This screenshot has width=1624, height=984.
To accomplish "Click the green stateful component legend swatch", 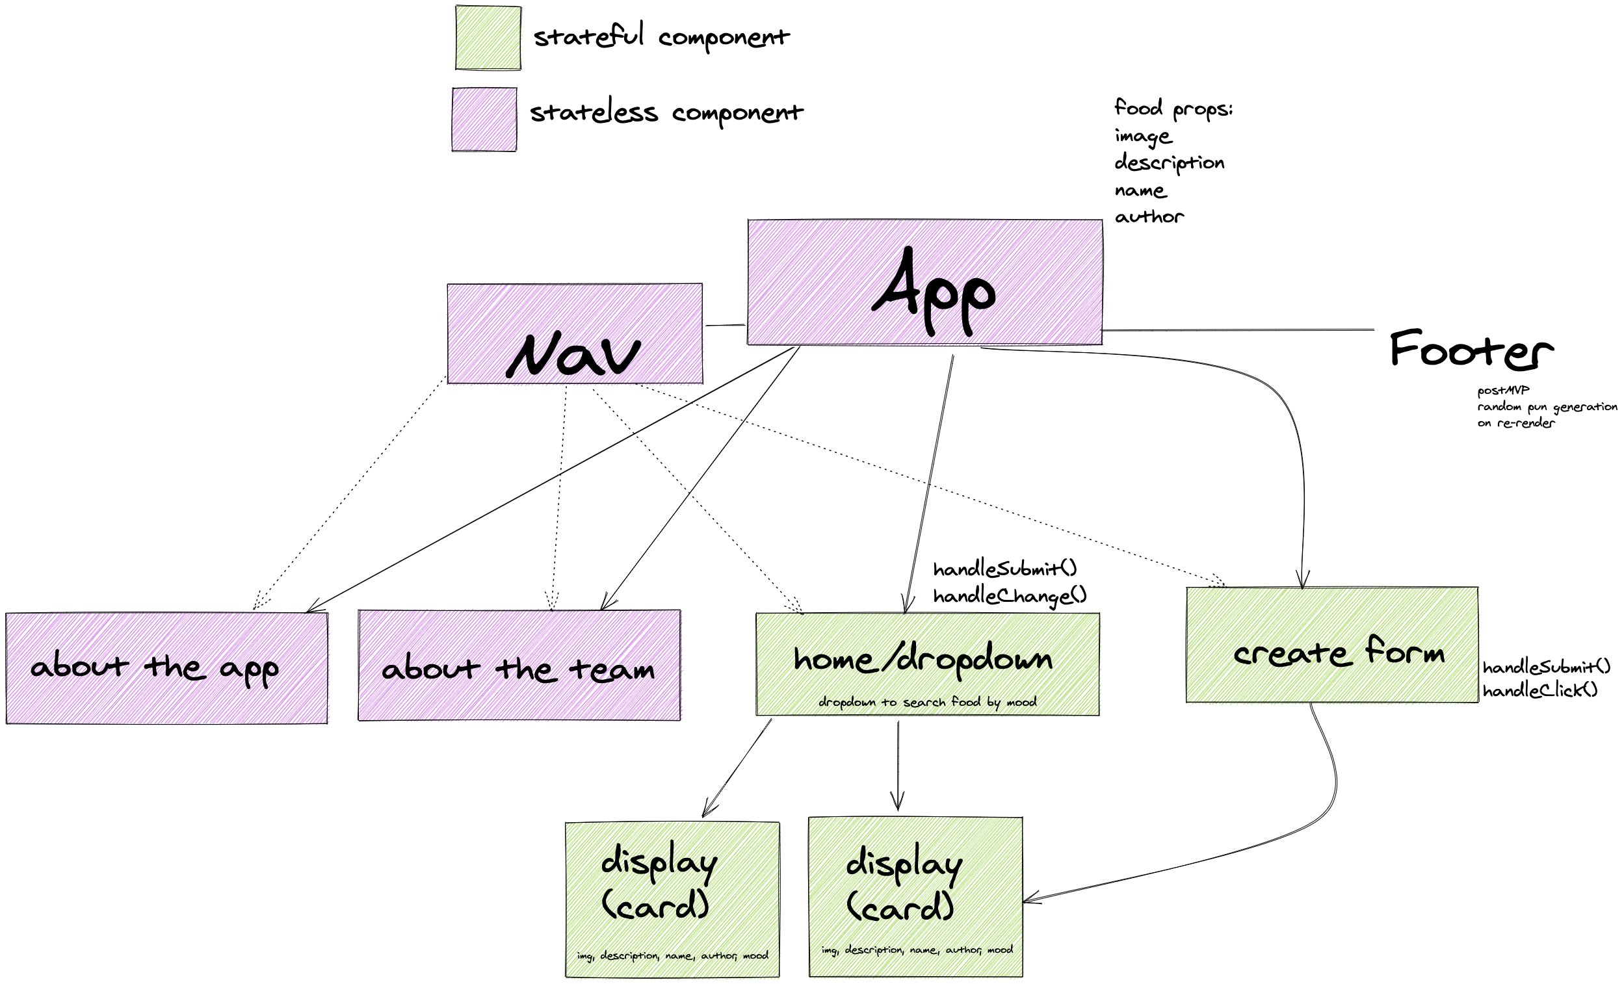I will (x=488, y=38).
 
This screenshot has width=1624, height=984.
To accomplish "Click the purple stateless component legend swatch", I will (x=484, y=120).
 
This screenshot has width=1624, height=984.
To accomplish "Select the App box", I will (x=924, y=282).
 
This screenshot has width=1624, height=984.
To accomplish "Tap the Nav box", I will (x=575, y=333).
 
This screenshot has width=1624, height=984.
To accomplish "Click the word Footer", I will (x=1471, y=350).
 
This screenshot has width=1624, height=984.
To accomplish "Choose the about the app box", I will (x=166, y=667).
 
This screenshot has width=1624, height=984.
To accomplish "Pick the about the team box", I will (x=519, y=665).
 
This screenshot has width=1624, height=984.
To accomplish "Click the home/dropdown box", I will (x=927, y=664).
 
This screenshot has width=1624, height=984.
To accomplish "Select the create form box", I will (x=1331, y=645).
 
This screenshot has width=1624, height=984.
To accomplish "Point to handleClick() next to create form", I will (x=1540, y=691).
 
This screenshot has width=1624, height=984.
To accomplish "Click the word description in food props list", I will (x=1169, y=162).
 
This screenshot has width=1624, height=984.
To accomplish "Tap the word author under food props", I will (x=1149, y=217).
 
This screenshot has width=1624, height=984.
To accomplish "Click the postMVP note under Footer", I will (x=1502, y=390).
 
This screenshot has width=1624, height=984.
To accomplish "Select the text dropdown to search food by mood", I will (x=927, y=702).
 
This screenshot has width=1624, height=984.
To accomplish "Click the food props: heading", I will (x=1173, y=108).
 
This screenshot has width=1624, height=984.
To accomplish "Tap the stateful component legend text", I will (x=661, y=36).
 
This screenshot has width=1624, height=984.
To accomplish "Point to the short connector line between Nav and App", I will (x=725, y=325).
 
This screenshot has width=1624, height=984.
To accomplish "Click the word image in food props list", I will (x=1143, y=136).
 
